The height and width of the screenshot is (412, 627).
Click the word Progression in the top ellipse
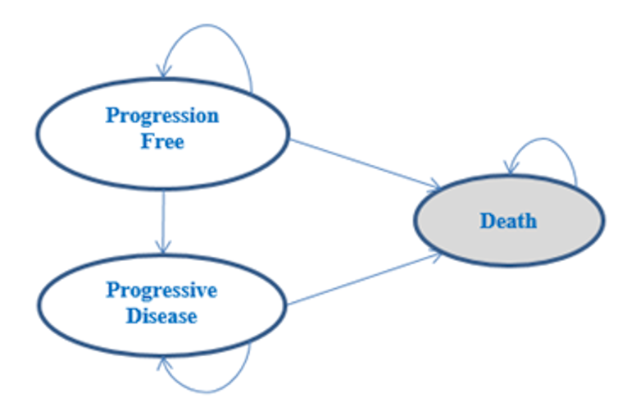click(162, 116)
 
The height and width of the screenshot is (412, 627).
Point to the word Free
click(162, 141)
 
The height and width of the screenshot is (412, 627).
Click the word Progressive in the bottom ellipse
click(162, 291)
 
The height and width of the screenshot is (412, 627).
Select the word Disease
click(162, 316)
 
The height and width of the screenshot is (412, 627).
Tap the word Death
click(508, 221)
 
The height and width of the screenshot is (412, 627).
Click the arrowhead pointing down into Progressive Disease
click(164, 246)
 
